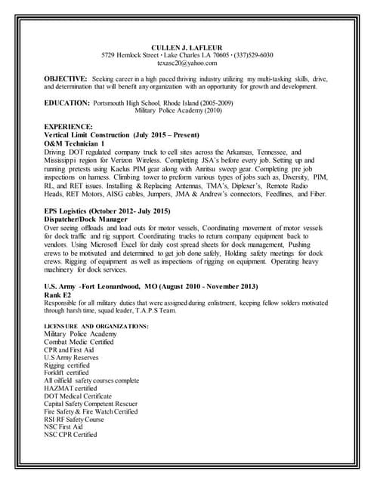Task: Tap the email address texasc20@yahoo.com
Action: [x=187, y=63]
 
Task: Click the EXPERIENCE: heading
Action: [x=69, y=125]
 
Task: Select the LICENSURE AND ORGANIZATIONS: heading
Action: [x=96, y=325]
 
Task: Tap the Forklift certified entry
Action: [x=66, y=372]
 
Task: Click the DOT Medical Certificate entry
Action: [x=78, y=395]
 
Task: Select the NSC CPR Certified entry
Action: [x=70, y=435]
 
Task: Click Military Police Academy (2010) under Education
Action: [x=184, y=109]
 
